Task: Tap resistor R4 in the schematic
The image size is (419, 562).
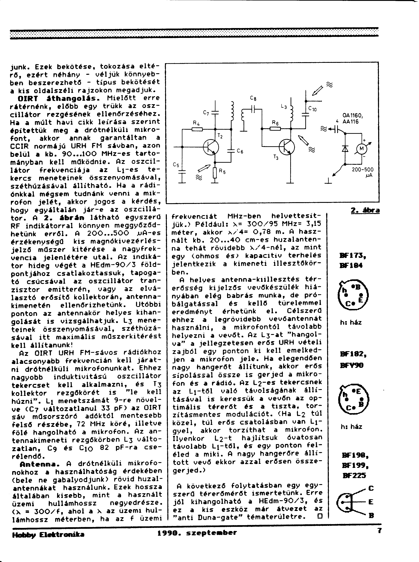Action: [x=197, y=129]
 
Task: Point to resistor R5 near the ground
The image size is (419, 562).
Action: [x=215, y=173]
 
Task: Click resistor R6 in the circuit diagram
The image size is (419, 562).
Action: [x=275, y=129]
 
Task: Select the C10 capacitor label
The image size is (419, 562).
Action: [x=312, y=109]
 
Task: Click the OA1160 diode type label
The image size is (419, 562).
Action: [x=353, y=116]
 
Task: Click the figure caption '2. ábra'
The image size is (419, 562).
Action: [x=365, y=210]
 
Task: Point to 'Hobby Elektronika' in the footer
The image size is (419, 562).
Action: [x=48, y=534]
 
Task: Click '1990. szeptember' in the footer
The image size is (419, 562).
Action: [x=197, y=533]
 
